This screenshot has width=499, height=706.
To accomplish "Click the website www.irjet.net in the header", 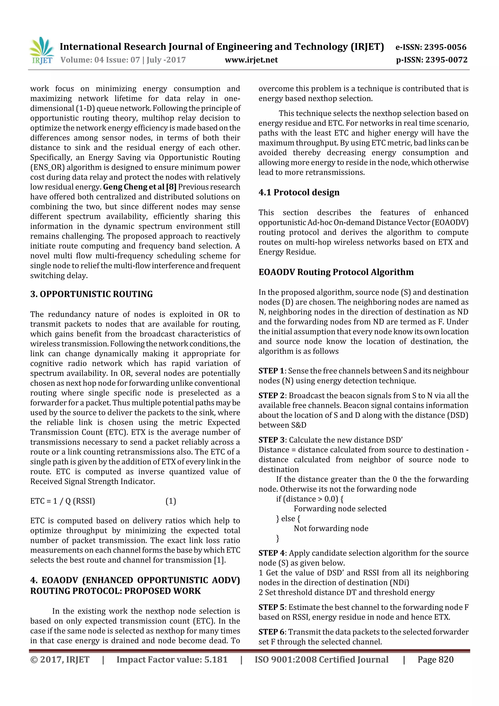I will point(251,60).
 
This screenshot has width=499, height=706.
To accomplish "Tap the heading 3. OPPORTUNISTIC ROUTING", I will point(91,294).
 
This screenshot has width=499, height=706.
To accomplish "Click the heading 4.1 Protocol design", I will point(299,192).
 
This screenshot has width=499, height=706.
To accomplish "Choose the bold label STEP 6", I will point(271,632).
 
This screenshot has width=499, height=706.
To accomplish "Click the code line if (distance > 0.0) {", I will point(310,499).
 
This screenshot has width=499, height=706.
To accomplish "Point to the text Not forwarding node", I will point(331,528).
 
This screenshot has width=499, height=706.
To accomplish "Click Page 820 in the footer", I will point(435,659).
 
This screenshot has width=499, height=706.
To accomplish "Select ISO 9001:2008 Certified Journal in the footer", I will point(321,659).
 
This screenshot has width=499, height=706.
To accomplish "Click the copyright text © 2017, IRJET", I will point(60,659).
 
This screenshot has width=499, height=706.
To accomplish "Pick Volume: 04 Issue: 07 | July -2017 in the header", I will point(123,60).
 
